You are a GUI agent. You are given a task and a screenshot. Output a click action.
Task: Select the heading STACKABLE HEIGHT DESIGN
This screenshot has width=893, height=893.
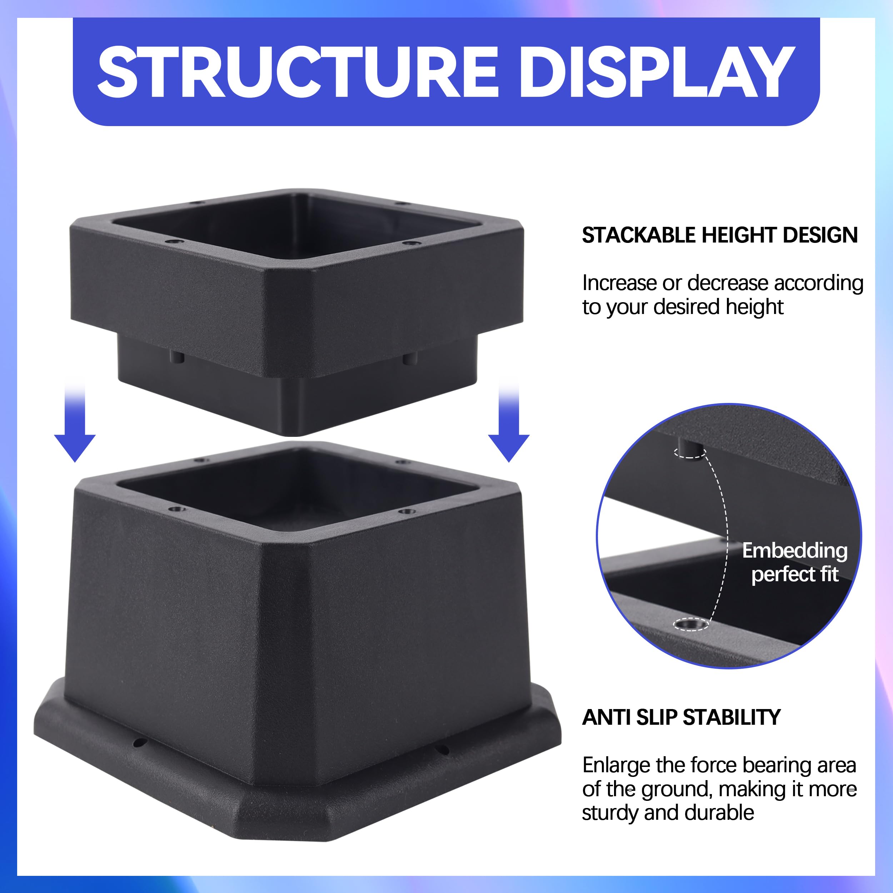[720, 235]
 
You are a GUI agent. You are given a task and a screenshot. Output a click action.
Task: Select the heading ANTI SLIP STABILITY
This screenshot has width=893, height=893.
[681, 717]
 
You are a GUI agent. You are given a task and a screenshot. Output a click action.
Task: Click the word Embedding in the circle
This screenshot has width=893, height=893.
[794, 550]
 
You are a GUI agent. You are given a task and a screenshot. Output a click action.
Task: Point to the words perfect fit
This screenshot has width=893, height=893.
[794, 574]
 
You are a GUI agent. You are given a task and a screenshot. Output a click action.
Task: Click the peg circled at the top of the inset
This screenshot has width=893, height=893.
[690, 449]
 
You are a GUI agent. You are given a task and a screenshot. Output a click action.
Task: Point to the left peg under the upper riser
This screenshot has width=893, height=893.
[176, 357]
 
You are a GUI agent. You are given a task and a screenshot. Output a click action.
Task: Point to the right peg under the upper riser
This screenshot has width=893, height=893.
[409, 358]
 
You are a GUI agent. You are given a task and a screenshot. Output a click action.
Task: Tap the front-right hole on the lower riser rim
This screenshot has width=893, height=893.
[407, 511]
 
